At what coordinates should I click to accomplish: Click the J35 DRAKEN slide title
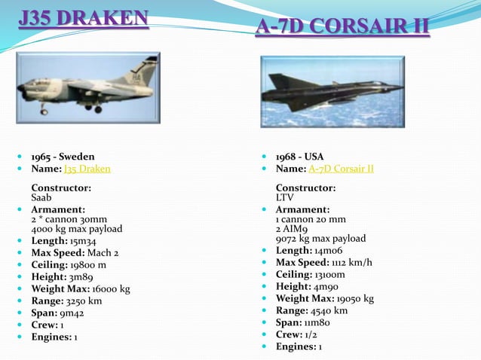(x=84, y=17)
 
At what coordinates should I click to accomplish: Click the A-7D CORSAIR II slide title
(x=342, y=26)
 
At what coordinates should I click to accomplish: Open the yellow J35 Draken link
(x=87, y=169)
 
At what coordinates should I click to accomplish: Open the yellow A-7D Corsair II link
(x=341, y=169)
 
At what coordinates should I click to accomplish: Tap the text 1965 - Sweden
(x=63, y=157)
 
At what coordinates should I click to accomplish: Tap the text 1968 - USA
(x=299, y=157)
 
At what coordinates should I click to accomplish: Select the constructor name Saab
(x=41, y=197)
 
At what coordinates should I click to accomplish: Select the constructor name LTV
(x=284, y=197)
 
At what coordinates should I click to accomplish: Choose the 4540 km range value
(x=331, y=310)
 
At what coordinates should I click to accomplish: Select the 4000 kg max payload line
(x=76, y=229)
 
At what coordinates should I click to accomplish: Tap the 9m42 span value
(x=72, y=313)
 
